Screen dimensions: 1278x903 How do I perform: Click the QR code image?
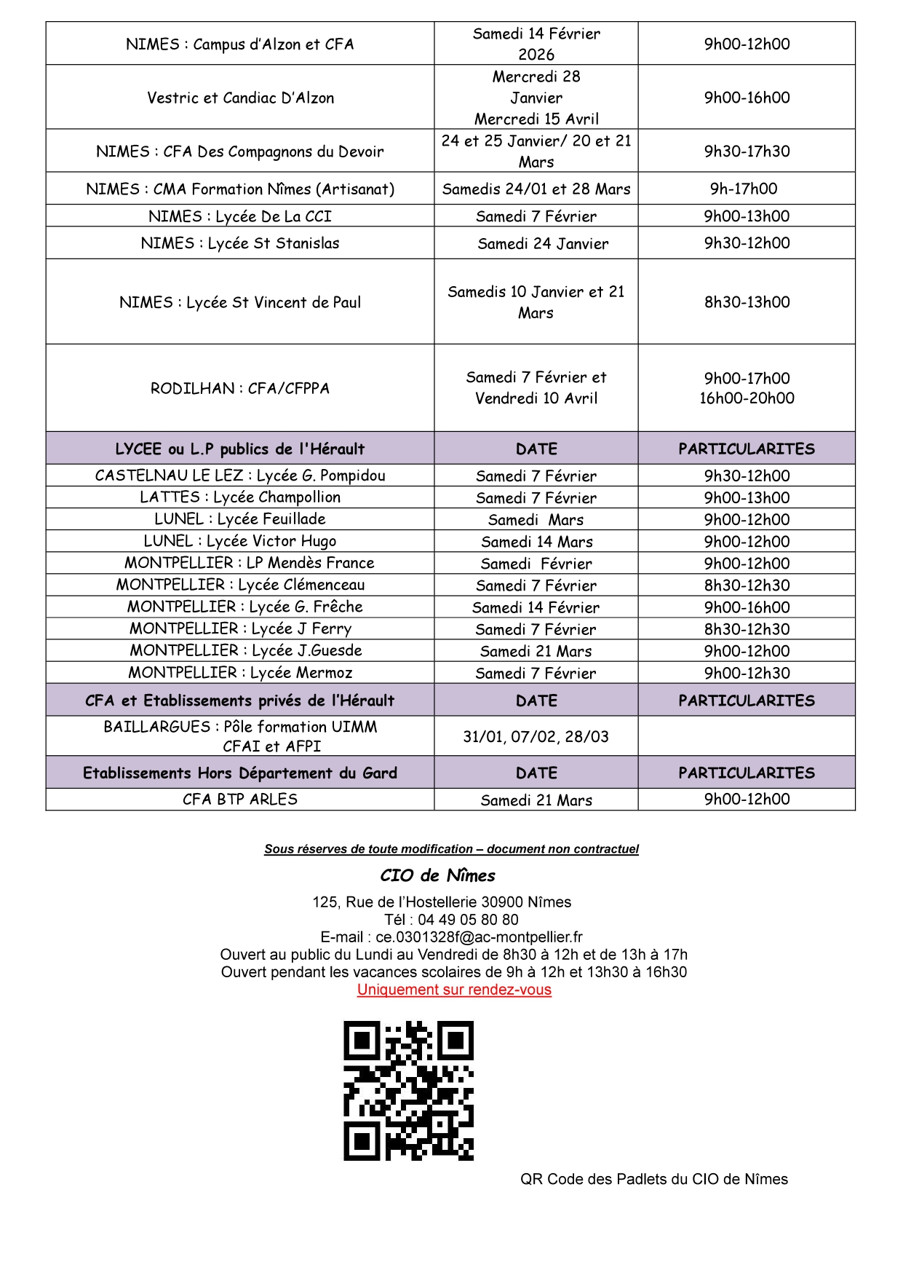click(x=408, y=1090)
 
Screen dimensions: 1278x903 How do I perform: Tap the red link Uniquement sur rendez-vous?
click(x=454, y=990)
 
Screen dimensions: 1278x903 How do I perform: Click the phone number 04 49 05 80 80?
click(x=468, y=920)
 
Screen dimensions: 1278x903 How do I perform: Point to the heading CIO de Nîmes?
click(x=437, y=875)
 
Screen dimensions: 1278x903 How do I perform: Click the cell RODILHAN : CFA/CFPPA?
click(x=240, y=388)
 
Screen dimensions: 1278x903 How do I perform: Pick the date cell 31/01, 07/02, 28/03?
click(x=536, y=736)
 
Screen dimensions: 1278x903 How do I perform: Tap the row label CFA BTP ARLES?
click(x=240, y=799)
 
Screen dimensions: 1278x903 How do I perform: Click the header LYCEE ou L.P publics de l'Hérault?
click(x=240, y=449)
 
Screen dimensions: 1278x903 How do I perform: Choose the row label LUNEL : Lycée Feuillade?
click(x=240, y=518)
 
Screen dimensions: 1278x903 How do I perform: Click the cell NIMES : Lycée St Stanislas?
click(x=240, y=243)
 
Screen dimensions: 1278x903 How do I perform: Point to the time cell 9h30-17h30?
click(x=747, y=151)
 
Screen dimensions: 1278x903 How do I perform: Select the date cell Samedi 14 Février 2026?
click(x=536, y=44)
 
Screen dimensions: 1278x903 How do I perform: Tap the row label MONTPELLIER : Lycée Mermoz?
click(x=240, y=672)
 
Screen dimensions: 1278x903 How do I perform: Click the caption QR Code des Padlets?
click(x=653, y=1179)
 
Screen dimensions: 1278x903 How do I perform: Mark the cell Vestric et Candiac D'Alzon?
click(x=240, y=98)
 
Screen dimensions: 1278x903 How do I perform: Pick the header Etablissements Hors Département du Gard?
click(x=240, y=773)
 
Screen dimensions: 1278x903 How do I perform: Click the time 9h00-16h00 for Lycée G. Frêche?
click(x=747, y=607)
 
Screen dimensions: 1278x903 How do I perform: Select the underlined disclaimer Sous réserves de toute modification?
click(x=451, y=849)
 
